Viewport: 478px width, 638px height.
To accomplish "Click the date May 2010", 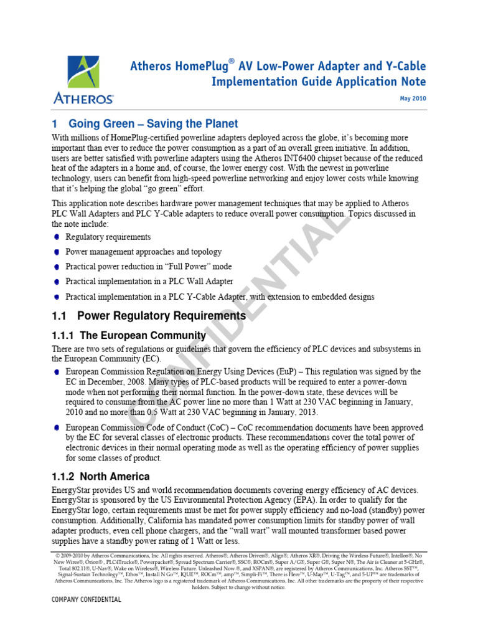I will (x=412, y=99).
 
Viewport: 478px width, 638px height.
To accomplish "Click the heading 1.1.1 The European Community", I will (x=129, y=335).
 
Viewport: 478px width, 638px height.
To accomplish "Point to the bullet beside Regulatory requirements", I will (x=57, y=237).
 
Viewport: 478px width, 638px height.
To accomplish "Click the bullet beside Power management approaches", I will (x=57, y=252).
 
